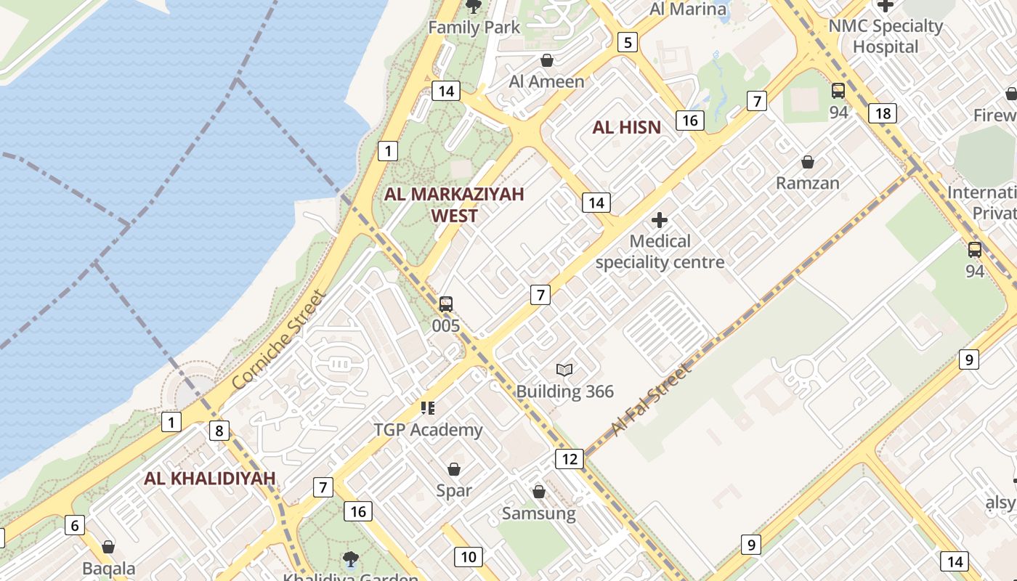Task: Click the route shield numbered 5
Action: pos(628,42)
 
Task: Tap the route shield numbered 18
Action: pos(883,113)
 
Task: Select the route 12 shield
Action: pos(570,458)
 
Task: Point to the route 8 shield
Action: pos(219,431)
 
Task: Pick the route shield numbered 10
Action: pos(469,557)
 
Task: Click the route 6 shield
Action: pos(75,525)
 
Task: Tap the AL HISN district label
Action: pos(626,128)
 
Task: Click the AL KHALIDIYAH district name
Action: pos(210,479)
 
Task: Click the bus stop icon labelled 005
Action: pos(446,304)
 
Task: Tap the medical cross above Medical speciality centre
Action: pos(660,219)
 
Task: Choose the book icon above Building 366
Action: pos(564,370)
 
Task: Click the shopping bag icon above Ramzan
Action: pos(807,162)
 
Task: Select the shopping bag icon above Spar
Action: pos(454,469)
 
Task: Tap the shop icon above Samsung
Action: pos(539,492)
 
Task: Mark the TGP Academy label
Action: pos(428,430)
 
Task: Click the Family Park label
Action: pos(474,28)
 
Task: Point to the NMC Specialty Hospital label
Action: pos(886,36)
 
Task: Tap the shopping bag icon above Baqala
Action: pos(108,547)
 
